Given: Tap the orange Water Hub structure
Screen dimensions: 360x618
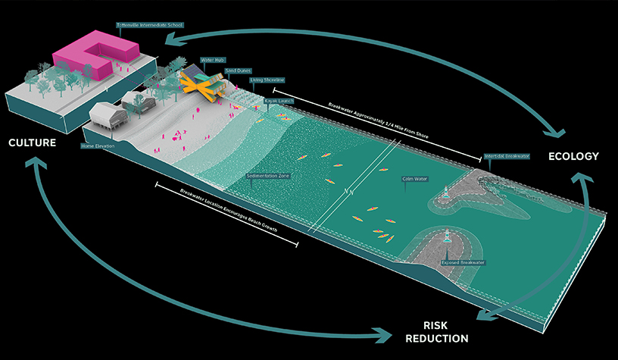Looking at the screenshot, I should tap(204, 84).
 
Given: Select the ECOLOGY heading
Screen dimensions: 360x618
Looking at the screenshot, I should tap(574, 156).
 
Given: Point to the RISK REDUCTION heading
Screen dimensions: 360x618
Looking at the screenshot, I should tap(435, 331).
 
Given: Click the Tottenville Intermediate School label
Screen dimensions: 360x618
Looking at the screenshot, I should tap(150, 24).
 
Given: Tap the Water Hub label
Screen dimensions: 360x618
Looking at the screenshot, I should tap(210, 58).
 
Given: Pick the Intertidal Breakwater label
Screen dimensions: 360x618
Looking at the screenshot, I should tap(507, 156).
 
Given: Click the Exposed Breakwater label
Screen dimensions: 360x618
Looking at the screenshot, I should tap(463, 262).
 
